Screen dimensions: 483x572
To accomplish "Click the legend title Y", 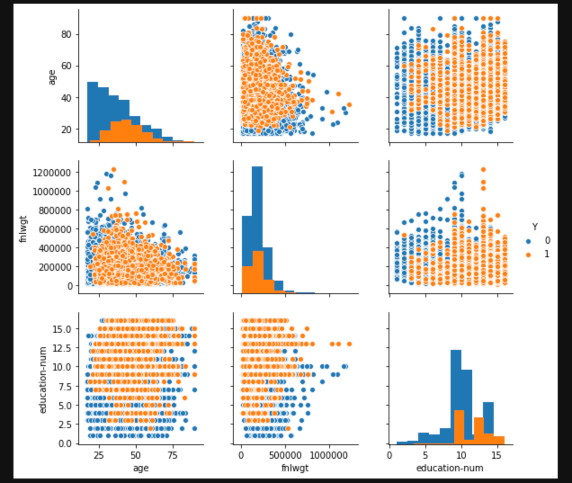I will point(535,227).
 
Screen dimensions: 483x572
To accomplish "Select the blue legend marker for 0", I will point(528,241).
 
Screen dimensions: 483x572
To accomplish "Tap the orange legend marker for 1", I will point(528,255).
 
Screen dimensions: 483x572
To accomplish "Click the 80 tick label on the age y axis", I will point(67,35).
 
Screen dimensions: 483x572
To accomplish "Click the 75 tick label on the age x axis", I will point(173,455).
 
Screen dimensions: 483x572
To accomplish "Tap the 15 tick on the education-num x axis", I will point(496,455).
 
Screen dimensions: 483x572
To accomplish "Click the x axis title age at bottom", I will point(141,468).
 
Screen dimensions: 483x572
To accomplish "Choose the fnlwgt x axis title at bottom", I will point(295,468).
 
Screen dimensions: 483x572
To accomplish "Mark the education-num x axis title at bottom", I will point(450,468).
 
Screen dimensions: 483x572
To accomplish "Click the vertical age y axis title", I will point(52,77).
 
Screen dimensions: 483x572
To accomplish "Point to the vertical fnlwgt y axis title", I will point(23,229).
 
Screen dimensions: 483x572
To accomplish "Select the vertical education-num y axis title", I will point(43,380).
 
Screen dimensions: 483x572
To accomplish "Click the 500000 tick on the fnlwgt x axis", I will point(285,455).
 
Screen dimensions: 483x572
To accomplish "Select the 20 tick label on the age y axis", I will point(67,130).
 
